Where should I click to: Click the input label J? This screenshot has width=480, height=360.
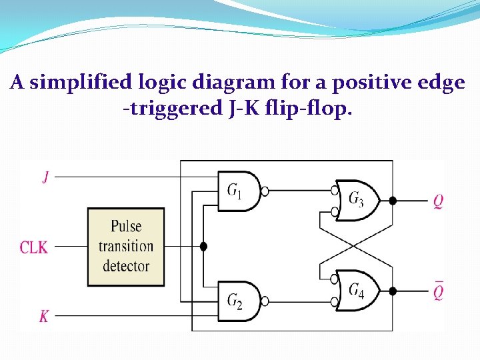point(45,177)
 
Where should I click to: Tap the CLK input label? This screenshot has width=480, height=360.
point(33,247)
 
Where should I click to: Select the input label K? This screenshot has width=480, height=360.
point(44,316)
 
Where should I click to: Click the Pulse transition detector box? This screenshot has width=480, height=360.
point(126,247)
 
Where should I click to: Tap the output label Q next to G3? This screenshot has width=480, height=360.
point(438,200)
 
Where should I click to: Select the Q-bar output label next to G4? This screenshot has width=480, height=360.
point(438,291)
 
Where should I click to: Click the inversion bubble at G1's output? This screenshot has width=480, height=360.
point(265,191)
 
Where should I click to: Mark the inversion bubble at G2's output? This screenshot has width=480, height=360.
point(265,301)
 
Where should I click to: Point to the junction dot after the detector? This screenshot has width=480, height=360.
point(204,247)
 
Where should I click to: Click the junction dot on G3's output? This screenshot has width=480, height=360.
point(393,200)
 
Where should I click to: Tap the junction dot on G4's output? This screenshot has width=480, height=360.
point(393,291)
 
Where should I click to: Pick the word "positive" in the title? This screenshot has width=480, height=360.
point(371,83)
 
